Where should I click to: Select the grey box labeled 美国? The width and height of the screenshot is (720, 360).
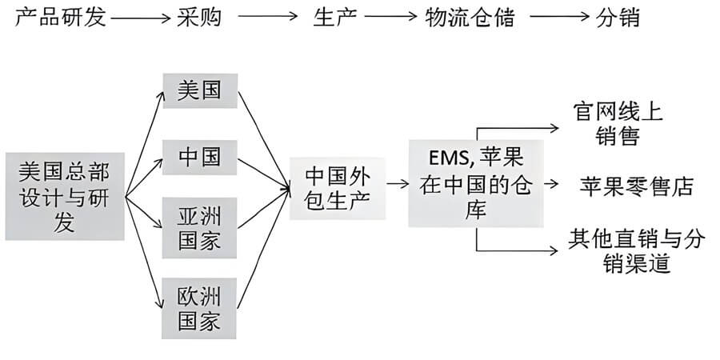[x=200, y=90]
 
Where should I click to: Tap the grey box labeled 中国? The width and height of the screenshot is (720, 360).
[x=200, y=156]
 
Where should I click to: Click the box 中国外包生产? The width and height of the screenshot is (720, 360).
[x=338, y=186]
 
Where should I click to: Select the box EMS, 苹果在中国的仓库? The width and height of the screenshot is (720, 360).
[x=476, y=182]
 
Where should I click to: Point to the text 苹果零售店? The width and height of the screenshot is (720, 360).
[x=636, y=186]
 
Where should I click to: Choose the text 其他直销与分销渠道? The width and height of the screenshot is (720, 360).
[x=636, y=250]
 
